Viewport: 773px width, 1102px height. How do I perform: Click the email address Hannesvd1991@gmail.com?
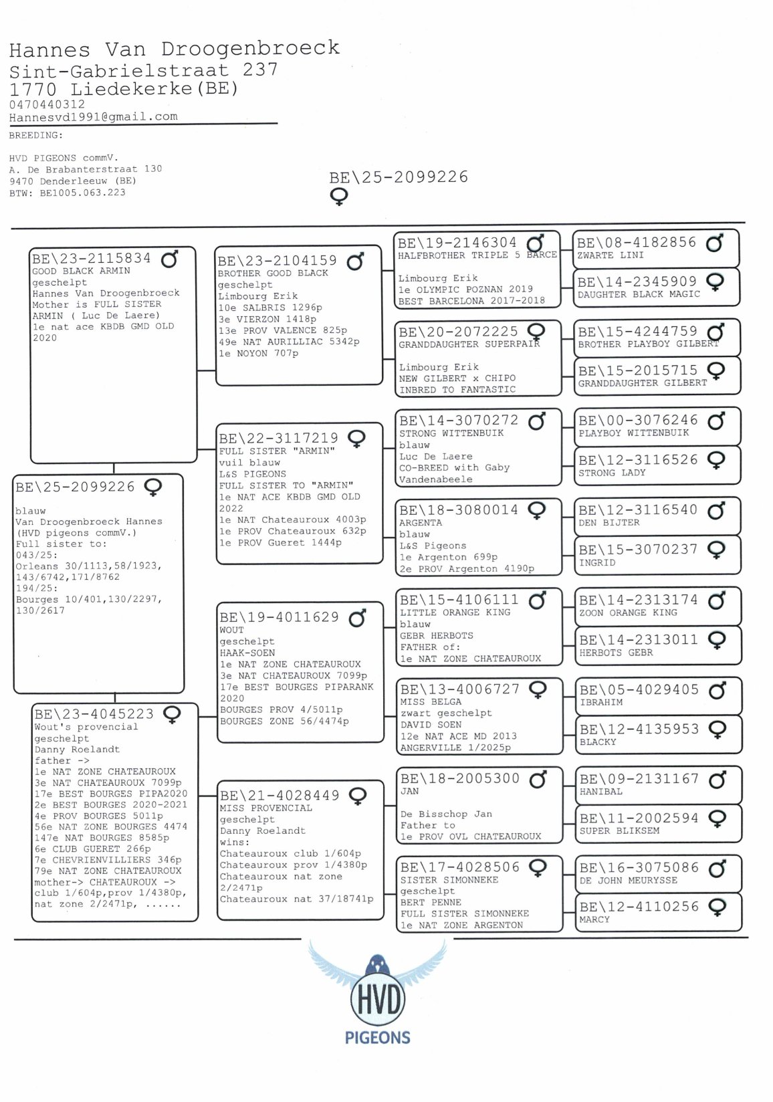(94, 117)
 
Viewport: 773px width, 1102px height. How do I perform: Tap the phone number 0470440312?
(47, 104)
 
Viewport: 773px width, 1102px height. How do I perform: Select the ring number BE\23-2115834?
(92, 259)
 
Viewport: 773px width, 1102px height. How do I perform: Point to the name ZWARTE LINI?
(611, 255)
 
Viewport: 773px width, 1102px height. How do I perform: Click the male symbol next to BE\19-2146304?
(536, 243)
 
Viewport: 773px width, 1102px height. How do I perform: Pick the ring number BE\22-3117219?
(278, 439)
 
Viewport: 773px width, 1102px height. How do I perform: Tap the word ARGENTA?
(421, 523)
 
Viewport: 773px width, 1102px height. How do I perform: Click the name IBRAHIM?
(601, 702)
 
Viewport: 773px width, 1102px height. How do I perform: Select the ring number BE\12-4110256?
(639, 907)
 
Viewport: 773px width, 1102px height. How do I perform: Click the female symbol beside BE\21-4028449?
(358, 796)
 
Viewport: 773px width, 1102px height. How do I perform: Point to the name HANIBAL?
(601, 791)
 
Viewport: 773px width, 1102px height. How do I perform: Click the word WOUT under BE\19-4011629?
(231, 630)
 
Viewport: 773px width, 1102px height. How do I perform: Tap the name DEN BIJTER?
(609, 522)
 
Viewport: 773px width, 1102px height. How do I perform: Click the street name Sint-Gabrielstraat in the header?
(119, 70)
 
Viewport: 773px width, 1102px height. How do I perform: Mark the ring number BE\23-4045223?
(94, 714)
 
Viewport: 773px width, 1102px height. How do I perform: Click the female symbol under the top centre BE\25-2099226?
(339, 197)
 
